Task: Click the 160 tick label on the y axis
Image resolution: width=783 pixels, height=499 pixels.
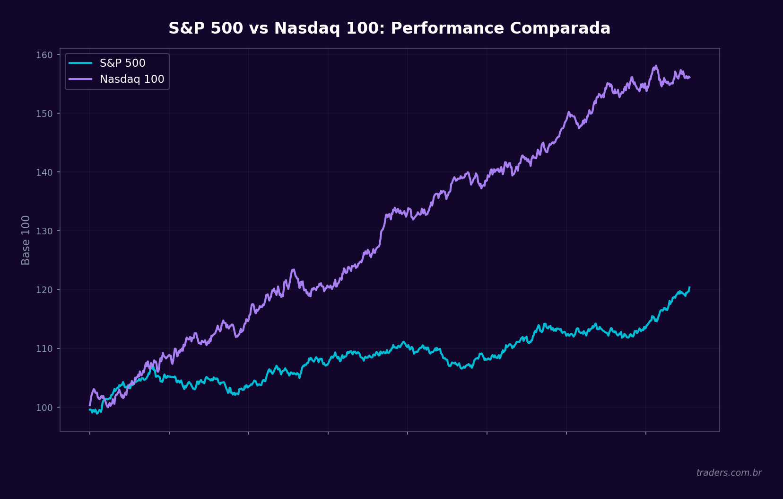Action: [44, 55]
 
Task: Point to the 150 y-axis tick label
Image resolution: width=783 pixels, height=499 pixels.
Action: [44, 114]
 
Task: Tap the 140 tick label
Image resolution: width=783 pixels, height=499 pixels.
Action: [44, 172]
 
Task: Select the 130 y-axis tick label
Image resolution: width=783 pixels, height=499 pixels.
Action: [44, 231]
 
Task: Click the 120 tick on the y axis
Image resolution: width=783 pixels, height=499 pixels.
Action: [44, 290]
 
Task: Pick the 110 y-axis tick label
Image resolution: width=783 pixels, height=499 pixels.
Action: [44, 348]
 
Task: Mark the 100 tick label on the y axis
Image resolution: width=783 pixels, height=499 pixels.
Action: [44, 407]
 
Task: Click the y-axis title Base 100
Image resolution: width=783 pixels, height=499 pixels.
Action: [26, 240]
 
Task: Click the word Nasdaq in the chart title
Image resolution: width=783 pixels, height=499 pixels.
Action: [307, 28]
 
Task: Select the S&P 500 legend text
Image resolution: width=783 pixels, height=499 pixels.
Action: [122, 63]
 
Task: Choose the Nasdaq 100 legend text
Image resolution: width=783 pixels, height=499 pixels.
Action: [132, 79]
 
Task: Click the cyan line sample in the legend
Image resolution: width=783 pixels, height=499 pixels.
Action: [80, 63]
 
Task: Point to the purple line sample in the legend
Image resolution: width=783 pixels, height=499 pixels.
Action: [80, 79]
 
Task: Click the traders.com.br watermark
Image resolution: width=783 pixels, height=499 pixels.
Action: [729, 472]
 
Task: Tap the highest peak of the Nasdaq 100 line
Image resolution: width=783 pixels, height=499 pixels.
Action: [656, 66]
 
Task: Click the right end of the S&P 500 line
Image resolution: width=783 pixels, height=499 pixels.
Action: [689, 287]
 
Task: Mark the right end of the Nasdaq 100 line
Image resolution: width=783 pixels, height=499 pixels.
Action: [689, 77]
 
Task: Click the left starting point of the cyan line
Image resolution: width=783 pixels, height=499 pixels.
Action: [90, 410]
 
